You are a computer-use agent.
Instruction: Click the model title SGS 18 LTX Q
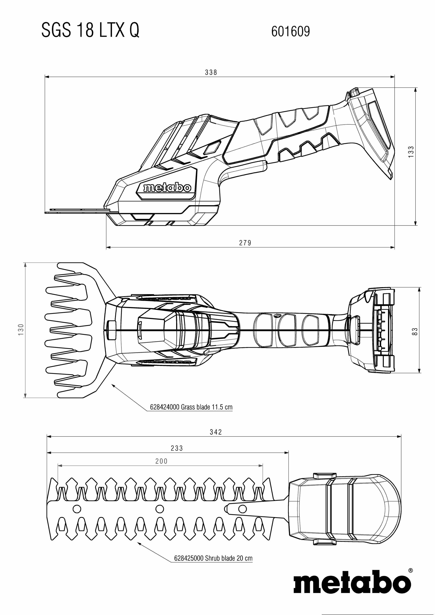click(x=90, y=30)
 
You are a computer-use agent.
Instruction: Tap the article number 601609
click(x=291, y=31)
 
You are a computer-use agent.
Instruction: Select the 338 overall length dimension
click(x=211, y=72)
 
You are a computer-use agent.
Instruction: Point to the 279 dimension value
click(x=245, y=243)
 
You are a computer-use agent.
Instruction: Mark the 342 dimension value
click(x=216, y=432)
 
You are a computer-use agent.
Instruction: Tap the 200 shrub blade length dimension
click(x=161, y=461)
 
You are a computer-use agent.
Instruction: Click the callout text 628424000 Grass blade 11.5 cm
click(x=191, y=407)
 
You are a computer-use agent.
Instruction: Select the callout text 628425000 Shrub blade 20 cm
click(x=213, y=558)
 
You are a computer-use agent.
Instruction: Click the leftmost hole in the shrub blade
click(x=77, y=508)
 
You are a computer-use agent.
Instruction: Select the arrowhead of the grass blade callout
click(x=113, y=385)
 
